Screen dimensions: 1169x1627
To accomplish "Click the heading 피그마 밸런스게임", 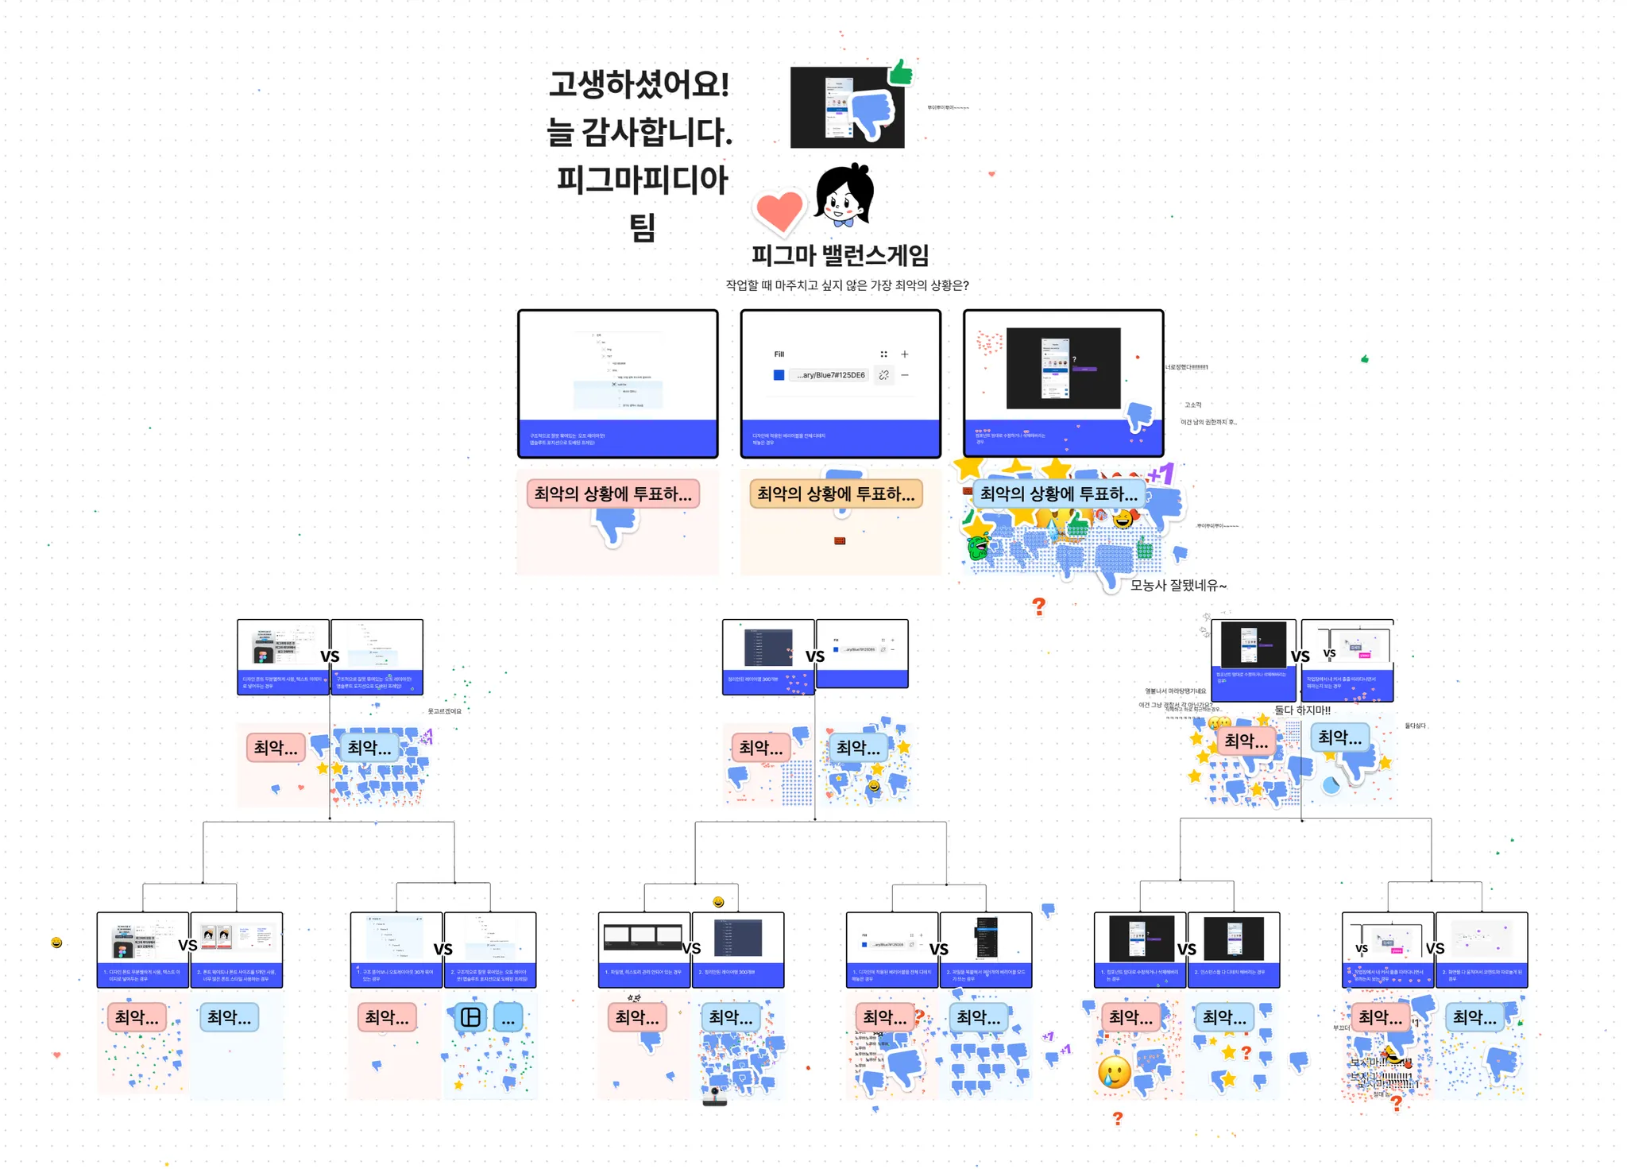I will [840, 255].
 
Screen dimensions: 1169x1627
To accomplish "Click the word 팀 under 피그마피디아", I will [642, 228].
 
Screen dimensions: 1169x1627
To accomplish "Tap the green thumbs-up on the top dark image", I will [901, 73].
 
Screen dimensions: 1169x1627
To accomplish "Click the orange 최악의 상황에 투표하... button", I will [836, 494].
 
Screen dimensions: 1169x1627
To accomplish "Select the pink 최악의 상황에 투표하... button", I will [613, 494].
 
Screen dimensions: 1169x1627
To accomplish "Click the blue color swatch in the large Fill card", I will [779, 375].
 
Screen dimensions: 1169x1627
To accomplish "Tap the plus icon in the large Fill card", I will [904, 354].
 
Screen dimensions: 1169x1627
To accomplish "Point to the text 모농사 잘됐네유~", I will [1178, 586].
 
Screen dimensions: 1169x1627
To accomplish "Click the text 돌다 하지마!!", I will [1302, 710].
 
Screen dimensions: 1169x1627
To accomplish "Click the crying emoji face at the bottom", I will [1114, 1072].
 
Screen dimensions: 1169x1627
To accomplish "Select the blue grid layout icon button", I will [470, 1017].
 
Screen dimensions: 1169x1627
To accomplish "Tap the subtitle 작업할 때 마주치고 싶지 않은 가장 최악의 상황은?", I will [847, 285].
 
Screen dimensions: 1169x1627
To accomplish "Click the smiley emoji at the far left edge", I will [56, 943].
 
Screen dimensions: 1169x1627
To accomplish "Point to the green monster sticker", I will [979, 547].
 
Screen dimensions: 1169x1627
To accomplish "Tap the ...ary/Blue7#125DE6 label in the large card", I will [830, 375].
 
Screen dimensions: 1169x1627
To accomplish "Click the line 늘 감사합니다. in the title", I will [639, 132].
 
